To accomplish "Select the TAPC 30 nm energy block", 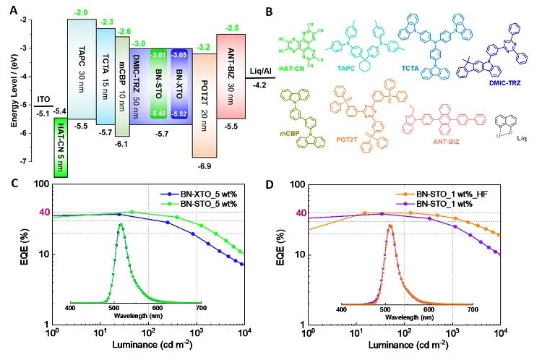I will pos(81,69).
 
